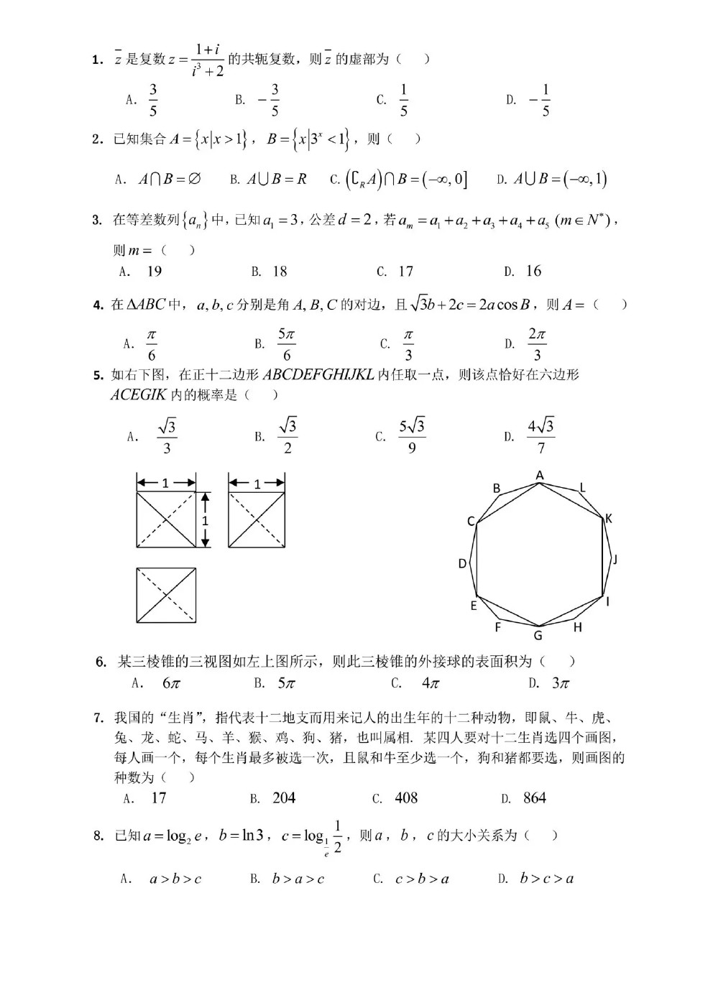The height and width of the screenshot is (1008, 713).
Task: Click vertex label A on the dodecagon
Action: pos(540,475)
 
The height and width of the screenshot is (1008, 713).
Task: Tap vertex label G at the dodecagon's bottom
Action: pos(538,635)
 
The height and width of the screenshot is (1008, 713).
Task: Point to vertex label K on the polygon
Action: pos(609,518)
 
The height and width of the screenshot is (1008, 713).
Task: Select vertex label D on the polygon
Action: pos(463,564)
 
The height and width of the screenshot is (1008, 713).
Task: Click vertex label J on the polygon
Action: pos(615,560)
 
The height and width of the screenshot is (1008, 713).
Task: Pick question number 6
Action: pos(101,662)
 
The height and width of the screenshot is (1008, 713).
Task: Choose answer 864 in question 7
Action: pos(535,798)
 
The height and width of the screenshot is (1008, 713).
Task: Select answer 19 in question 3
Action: pos(154,272)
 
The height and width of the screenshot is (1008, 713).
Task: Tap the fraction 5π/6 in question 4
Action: pos(286,345)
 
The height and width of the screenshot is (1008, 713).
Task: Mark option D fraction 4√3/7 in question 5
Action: pos(540,437)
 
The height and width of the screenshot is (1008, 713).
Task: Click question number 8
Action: pos(98,836)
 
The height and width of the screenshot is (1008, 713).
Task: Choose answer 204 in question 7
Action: pos(284,798)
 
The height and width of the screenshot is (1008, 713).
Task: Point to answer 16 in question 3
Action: pos(533,271)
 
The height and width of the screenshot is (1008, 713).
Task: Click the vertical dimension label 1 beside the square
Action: pos(205,520)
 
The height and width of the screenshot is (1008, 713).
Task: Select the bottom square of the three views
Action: pos(166,596)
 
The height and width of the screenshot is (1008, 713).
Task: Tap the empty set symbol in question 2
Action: pos(194,179)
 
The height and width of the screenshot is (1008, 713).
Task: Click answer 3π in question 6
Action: pos(560,683)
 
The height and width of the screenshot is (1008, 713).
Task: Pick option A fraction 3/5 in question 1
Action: pos(152,100)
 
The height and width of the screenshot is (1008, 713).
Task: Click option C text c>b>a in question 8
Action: pos(422,879)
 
